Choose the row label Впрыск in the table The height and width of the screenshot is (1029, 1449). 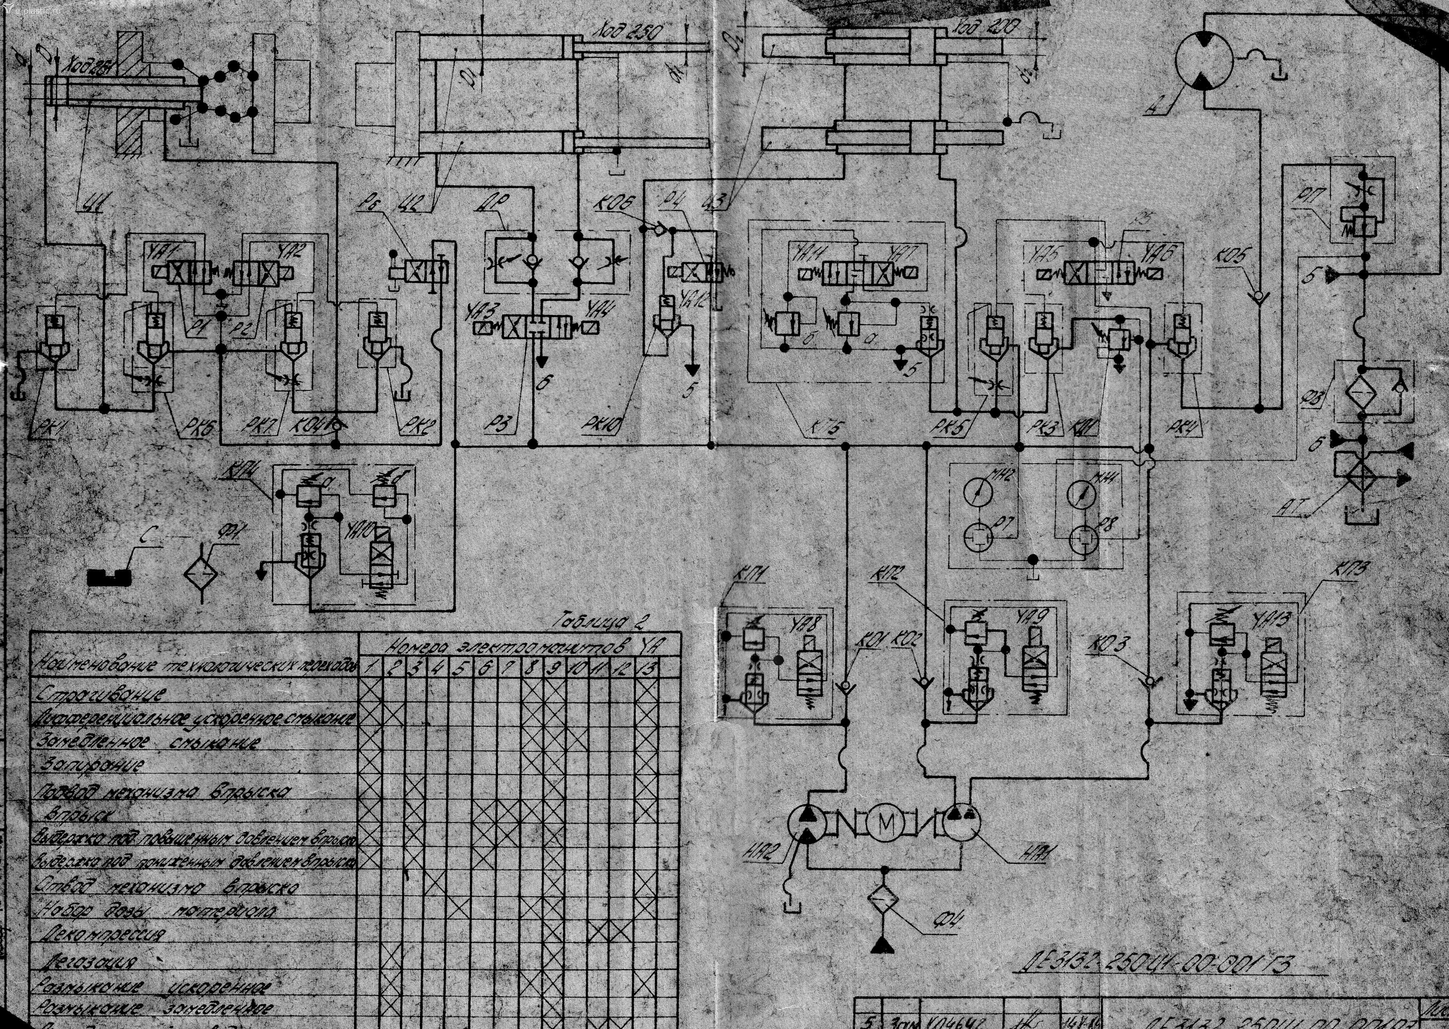75,813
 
